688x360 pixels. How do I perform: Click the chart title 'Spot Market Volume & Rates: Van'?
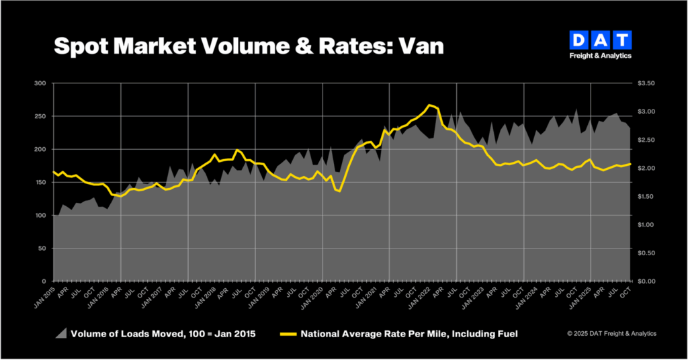tap(248, 46)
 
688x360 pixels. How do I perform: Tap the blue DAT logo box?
tap(601, 40)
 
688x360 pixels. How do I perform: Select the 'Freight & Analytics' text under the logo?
tap(601, 56)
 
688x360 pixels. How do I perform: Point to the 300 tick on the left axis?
tap(42, 83)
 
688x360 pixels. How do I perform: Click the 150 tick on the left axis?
tap(42, 182)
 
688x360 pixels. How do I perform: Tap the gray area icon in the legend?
tap(61, 333)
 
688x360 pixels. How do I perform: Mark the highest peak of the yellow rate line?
tap(430, 105)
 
